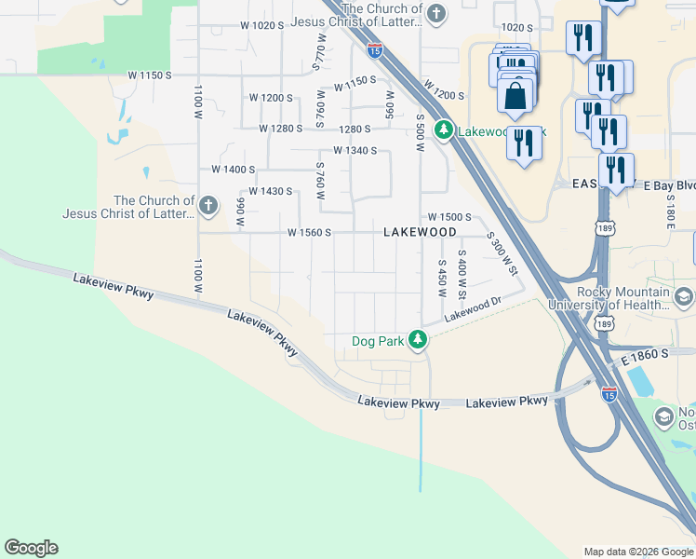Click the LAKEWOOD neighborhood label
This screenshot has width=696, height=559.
click(420, 232)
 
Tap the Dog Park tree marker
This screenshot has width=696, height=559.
click(419, 340)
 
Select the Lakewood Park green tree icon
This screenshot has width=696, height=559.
click(445, 130)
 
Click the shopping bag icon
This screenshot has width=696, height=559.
click(515, 95)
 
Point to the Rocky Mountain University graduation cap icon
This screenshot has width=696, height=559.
click(683, 297)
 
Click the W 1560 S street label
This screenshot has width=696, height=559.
click(310, 232)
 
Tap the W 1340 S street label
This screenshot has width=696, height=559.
click(355, 150)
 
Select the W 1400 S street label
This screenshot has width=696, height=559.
click(233, 170)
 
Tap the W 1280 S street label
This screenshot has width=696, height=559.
click(282, 129)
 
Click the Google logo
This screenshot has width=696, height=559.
click(31, 548)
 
